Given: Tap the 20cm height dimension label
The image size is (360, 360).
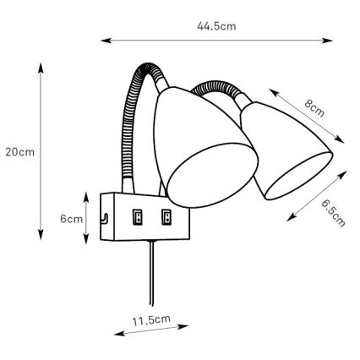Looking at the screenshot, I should click(19, 152).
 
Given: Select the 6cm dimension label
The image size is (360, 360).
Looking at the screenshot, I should click(70, 217).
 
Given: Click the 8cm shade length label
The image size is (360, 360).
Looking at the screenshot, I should click(314, 110).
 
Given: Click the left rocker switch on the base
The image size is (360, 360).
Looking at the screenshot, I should click(137, 217).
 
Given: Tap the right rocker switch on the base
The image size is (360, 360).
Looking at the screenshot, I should click(166, 217).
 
